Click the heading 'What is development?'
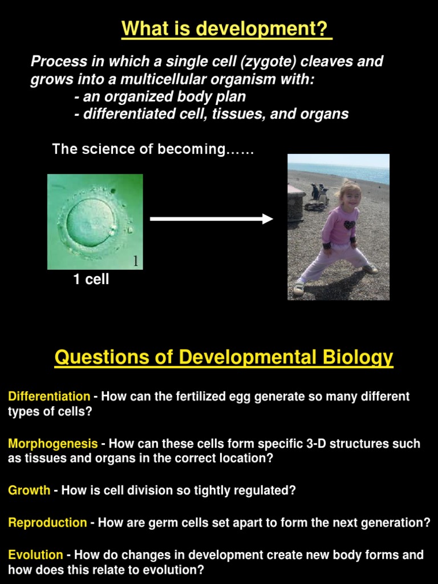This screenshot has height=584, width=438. coord(226,29)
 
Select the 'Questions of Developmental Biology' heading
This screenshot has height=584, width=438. coord(224,358)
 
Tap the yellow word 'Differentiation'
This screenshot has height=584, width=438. coord(49,396)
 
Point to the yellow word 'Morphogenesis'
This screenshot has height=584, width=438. coord(53,444)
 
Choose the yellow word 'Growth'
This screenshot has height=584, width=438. coord(29,490)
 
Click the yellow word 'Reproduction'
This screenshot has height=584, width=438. coord(47,523)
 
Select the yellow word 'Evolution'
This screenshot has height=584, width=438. coord(35,555)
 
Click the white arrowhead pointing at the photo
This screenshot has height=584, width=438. coord(267,218)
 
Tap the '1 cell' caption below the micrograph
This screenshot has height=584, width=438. coord(91,279)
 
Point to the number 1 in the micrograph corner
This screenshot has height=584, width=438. coord(136,261)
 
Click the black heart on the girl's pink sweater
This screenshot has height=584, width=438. coord(348,225)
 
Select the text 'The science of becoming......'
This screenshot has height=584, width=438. coord(153,149)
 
